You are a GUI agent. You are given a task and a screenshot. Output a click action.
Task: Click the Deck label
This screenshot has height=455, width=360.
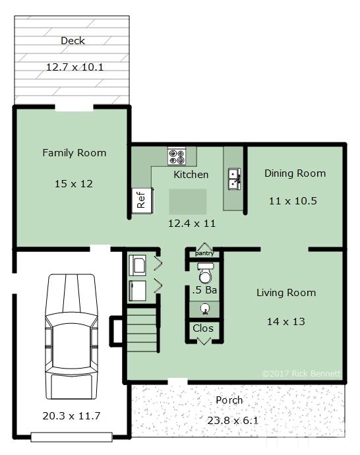73,41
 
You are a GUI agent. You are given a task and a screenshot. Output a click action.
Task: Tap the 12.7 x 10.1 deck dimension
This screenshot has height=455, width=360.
75,67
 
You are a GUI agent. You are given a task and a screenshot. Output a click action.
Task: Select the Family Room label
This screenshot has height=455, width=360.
75,153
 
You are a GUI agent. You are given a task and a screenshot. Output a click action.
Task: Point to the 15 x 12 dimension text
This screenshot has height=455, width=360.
74,184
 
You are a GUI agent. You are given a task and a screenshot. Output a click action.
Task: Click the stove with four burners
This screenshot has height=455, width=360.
177,157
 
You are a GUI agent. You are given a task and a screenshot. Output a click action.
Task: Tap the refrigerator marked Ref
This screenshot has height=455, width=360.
142,200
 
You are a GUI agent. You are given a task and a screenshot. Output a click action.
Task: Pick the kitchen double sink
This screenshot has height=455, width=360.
234,179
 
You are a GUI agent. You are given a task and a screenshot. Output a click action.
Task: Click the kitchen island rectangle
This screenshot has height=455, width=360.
188,202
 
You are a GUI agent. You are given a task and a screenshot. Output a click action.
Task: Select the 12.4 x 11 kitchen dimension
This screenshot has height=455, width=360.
192,224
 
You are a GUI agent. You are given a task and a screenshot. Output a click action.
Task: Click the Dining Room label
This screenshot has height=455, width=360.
295,173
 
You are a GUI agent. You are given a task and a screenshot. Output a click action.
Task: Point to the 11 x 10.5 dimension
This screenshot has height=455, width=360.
293,201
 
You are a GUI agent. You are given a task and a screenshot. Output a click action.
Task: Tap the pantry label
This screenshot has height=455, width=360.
204,253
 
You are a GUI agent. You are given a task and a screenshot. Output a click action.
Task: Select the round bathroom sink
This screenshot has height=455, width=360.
206,309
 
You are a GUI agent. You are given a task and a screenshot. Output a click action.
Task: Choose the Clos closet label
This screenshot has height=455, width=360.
203,328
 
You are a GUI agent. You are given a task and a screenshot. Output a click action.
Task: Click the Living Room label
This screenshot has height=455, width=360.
286,293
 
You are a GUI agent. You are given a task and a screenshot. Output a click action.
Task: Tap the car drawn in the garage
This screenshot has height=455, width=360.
71,336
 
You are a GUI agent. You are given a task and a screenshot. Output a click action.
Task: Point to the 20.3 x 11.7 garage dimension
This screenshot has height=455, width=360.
71,416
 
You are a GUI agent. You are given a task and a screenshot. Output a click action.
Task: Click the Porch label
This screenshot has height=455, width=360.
229,400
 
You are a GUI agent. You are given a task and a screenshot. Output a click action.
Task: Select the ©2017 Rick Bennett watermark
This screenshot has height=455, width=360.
301,373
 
